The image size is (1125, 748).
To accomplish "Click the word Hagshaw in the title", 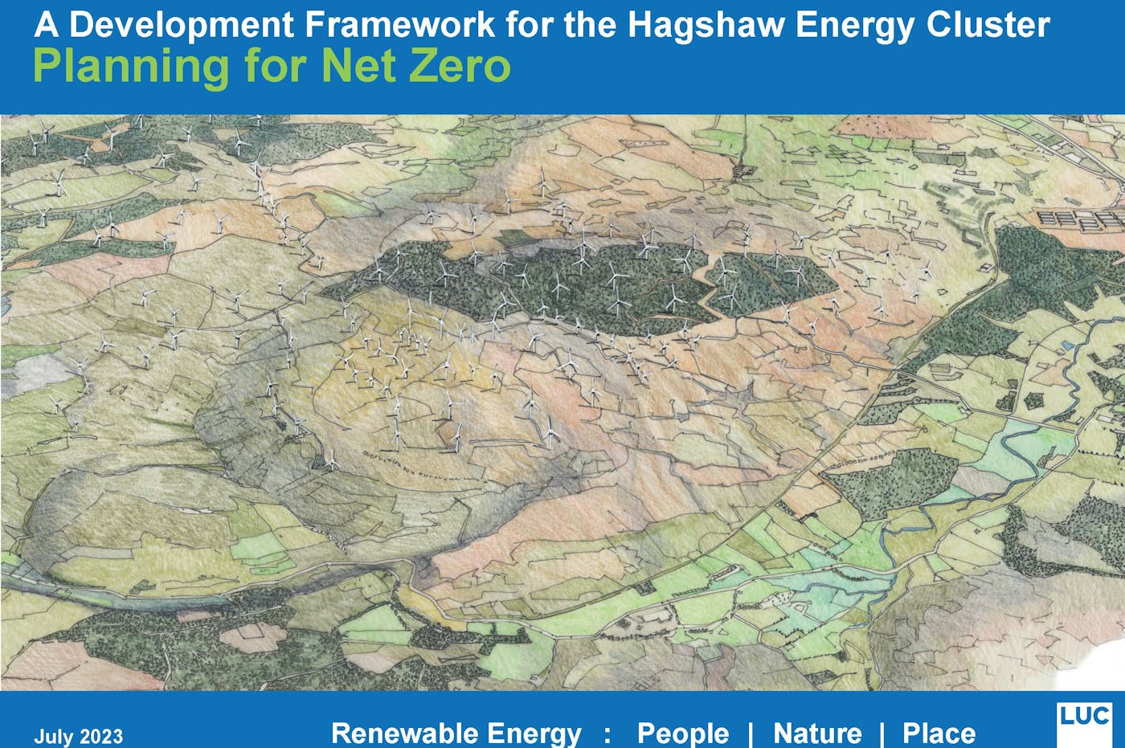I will click(705, 25).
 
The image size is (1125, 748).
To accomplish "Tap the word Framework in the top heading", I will click(399, 25).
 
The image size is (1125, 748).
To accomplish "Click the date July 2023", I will click(78, 736).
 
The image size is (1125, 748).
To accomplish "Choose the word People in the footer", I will click(682, 733).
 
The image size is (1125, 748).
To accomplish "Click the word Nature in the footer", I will click(817, 733).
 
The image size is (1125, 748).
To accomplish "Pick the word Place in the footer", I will click(939, 733).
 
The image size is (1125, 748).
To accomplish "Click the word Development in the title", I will click(182, 26).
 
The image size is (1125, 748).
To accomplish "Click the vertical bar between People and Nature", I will click(751, 733).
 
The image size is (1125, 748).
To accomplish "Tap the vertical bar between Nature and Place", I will click(882, 733).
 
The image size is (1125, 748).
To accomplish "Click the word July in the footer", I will click(51, 736).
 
